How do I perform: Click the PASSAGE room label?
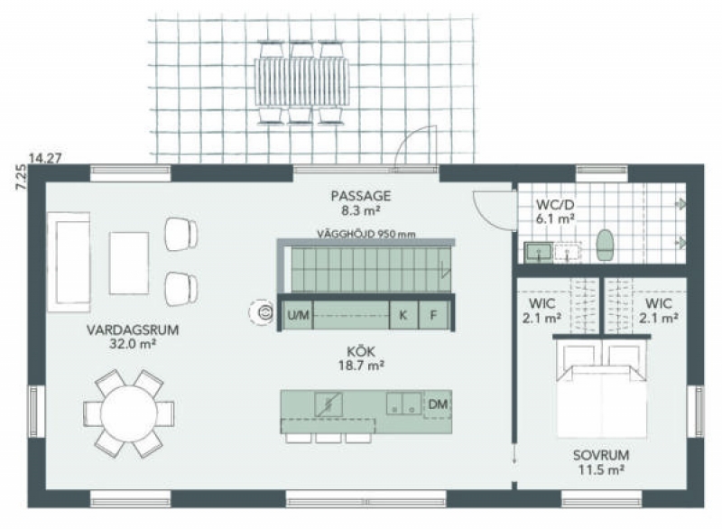[360, 196]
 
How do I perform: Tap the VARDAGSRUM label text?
[133, 329]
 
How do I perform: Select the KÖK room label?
[361, 352]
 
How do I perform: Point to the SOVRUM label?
[601, 455]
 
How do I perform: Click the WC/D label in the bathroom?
[555, 204]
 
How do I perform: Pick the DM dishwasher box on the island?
[438, 404]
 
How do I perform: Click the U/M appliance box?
[298, 315]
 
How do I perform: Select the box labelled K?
[403, 315]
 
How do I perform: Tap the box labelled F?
[433, 315]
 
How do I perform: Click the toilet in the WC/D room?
[605, 245]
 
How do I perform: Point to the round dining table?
[128, 413]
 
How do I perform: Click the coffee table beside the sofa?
[129, 263]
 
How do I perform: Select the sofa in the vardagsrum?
[69, 262]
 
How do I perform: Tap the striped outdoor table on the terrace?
[301, 81]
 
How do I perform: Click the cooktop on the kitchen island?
[329, 404]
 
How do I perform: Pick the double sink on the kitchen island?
[403, 404]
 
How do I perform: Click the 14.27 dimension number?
[45, 158]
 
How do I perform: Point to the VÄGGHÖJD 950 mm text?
[366, 234]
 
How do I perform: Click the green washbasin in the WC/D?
[539, 252]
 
